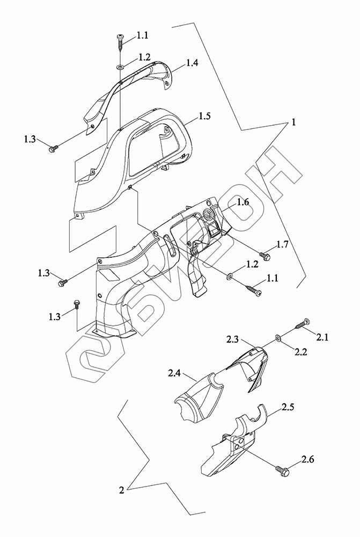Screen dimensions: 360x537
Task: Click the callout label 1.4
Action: (192, 63)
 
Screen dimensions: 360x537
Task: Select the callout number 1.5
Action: (204, 116)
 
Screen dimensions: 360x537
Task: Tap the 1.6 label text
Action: (243, 202)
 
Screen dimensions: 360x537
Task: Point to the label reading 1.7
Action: (283, 244)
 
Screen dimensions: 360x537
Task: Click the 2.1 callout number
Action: (322, 337)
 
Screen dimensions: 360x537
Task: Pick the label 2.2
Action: (300, 351)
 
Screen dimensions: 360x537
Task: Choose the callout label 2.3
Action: (232, 339)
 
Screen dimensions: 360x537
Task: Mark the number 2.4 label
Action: (174, 373)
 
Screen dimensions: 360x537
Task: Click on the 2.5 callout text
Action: (288, 407)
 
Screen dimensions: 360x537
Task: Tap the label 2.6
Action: (307, 459)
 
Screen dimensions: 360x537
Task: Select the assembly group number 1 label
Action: (293, 122)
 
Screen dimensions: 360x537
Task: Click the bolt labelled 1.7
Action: (266, 256)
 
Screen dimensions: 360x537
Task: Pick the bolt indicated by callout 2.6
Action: (283, 470)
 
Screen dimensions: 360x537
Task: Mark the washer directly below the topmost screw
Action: (121, 67)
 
